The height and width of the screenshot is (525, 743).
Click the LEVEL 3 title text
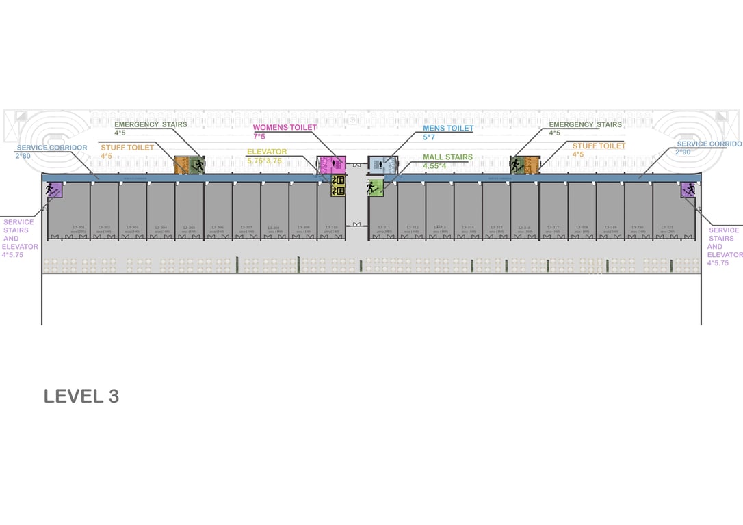coord(81,396)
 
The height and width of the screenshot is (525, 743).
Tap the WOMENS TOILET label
coord(285,128)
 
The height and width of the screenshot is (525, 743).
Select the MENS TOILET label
coord(448,129)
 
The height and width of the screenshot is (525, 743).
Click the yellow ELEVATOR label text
coord(267,152)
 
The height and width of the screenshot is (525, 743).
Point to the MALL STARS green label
coord(447,157)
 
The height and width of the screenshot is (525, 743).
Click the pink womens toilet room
coord(331,164)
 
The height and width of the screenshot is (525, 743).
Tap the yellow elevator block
coord(338,186)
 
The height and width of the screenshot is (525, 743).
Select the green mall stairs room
coord(375,187)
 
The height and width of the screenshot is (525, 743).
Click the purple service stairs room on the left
coord(54,189)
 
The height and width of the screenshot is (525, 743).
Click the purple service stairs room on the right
coord(688,189)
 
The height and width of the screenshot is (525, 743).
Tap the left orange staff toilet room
coord(181,165)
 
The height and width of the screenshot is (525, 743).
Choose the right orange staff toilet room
coord(532,165)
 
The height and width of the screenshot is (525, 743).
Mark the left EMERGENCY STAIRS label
coord(151,124)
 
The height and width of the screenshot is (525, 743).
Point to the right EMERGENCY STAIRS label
coord(585,124)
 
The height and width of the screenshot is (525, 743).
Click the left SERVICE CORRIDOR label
coord(52,148)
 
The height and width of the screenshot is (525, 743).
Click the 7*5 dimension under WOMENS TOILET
coord(259,137)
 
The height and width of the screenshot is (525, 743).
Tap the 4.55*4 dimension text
coord(434,166)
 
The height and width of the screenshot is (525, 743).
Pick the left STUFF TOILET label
coord(127,147)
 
